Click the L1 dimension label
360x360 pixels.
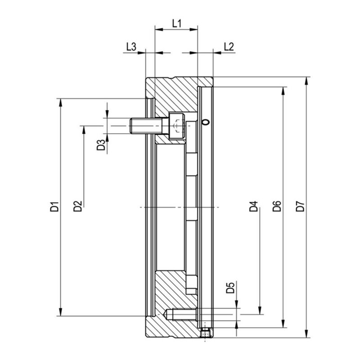point(176,23)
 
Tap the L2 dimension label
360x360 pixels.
point(229,47)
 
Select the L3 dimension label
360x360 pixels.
point(131,47)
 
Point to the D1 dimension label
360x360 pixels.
point(54,207)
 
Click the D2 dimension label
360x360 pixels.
point(77,206)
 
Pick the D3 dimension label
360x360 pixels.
point(101,145)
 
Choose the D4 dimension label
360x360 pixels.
point(254,206)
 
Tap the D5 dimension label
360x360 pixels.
point(230,288)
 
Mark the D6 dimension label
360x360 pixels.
point(277,206)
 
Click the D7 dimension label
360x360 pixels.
point(300,206)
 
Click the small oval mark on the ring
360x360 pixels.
point(206,122)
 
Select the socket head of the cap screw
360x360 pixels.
point(177,126)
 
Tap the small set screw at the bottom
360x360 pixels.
point(205,333)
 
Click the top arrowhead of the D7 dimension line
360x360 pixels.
point(306,81)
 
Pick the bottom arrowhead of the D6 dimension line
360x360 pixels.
point(283,323)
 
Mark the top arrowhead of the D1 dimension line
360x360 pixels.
point(61,103)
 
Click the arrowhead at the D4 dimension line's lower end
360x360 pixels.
point(260,310)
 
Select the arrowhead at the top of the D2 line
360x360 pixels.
point(84,130)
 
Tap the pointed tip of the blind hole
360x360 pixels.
point(165,315)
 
